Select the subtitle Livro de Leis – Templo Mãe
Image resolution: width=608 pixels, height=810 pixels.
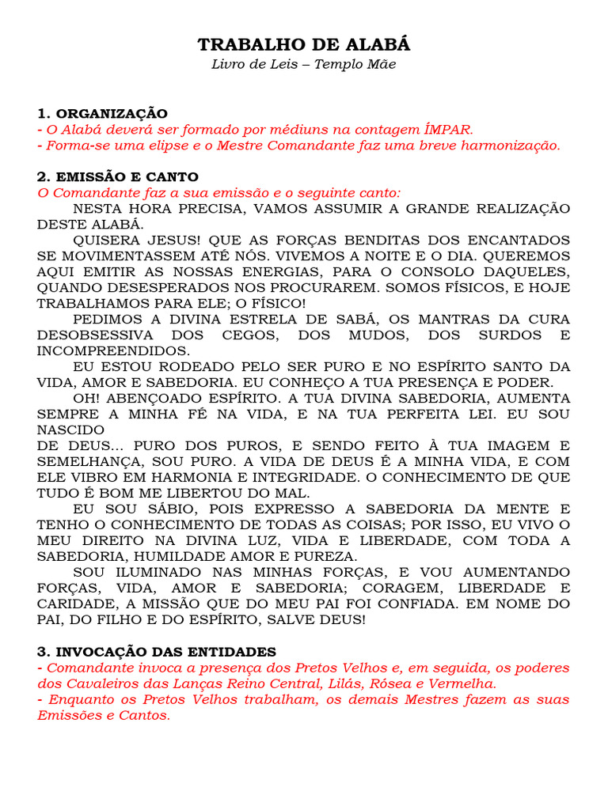tap(304, 64)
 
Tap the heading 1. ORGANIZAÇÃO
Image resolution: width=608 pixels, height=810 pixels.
tap(102, 114)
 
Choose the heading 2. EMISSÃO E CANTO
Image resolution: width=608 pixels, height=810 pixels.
tap(118, 177)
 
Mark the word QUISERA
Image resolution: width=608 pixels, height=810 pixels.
tap(107, 240)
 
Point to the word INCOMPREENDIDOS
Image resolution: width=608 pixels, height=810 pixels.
tap(113, 351)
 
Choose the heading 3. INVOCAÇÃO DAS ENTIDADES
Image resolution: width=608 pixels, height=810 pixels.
tap(157, 652)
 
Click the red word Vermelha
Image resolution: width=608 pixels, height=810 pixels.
tap(461, 683)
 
